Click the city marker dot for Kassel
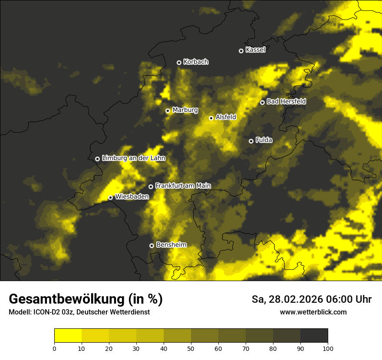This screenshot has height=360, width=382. point(241,51)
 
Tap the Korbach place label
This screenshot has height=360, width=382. point(196,62)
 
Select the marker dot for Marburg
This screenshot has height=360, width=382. point(168,111)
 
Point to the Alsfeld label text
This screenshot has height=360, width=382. point(226,117)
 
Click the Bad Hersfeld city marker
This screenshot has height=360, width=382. point(262,102)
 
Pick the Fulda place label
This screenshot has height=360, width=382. point(264,140)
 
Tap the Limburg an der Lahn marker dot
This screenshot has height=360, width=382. point(97,159)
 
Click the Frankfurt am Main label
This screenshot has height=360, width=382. point(183,186)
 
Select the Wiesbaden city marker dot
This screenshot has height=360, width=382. point(110,197)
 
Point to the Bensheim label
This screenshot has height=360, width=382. point(171,245)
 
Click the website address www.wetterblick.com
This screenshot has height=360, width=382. point(313,312)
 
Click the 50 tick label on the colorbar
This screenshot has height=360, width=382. point(191,348)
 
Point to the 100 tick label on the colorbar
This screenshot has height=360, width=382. point(328,348)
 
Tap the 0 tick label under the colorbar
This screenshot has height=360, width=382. point(54,348)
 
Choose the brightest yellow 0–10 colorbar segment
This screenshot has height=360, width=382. point(68,336)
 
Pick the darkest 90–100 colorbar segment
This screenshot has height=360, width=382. point(314,336)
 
